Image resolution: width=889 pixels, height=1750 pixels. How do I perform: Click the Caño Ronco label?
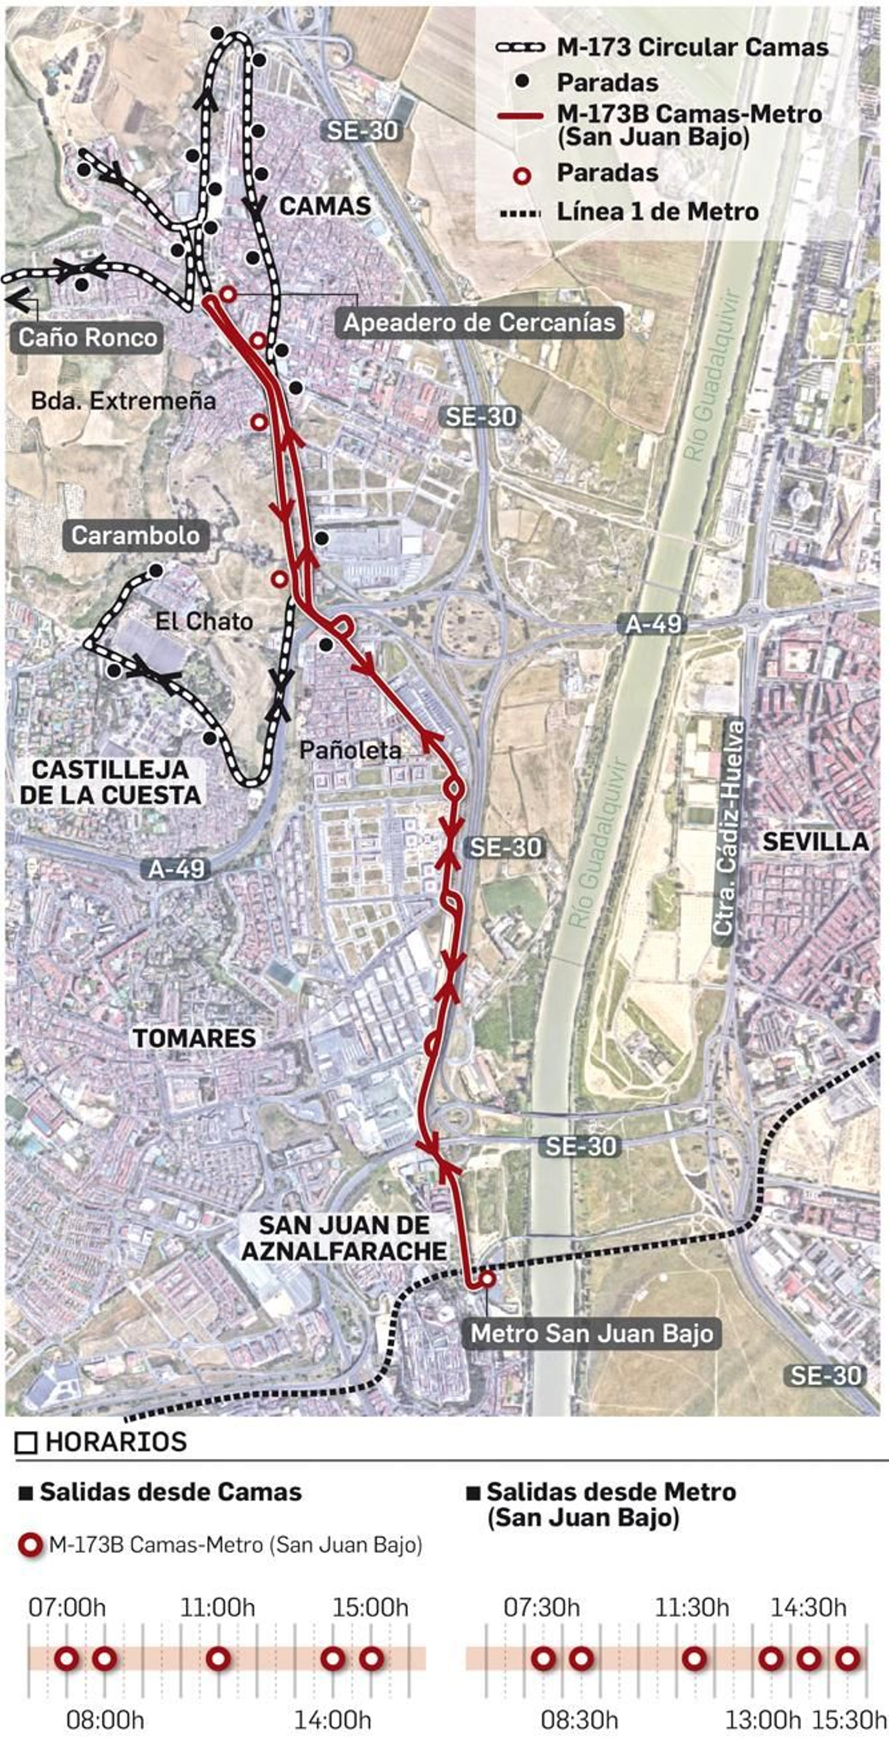pyautogui.click(x=88, y=338)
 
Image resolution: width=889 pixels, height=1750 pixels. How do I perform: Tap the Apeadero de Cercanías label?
pyautogui.click(x=478, y=323)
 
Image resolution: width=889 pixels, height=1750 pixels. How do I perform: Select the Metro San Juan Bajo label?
pyautogui.click(x=592, y=1333)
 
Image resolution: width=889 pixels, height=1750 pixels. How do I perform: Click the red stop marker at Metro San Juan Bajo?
pyautogui.click(x=487, y=1279)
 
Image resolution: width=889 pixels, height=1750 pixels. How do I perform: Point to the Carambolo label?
pyautogui.click(x=136, y=535)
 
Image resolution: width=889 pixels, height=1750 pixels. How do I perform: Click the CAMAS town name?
pyautogui.click(x=326, y=207)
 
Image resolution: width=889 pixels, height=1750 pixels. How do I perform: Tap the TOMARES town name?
pyautogui.click(x=194, y=1038)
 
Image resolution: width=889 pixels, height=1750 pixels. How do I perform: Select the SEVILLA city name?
pyautogui.click(x=816, y=842)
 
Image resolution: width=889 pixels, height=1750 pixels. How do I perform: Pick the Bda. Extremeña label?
pyautogui.click(x=124, y=401)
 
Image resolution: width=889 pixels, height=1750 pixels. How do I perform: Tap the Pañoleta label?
pyautogui.click(x=351, y=750)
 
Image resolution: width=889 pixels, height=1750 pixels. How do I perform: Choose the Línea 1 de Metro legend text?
pyautogui.click(x=657, y=212)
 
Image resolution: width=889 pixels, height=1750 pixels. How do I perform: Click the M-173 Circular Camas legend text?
pyautogui.click(x=692, y=48)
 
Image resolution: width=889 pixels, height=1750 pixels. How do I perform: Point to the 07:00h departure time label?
pyautogui.click(x=67, y=1608)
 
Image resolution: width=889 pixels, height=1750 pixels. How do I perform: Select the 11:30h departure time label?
pyautogui.click(x=692, y=1608)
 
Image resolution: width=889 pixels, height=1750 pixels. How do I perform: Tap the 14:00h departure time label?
pyautogui.click(x=332, y=1720)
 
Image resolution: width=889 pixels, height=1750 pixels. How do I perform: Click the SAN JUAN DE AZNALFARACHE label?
pyautogui.click(x=344, y=1238)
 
